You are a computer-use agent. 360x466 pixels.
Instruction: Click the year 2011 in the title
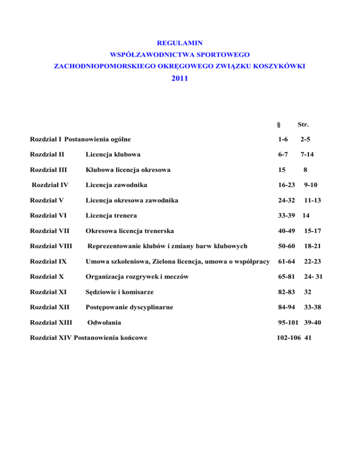click(x=180, y=79)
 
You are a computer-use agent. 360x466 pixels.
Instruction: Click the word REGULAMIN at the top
click(x=180, y=43)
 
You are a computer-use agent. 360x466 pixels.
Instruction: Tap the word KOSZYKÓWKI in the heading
click(x=281, y=67)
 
